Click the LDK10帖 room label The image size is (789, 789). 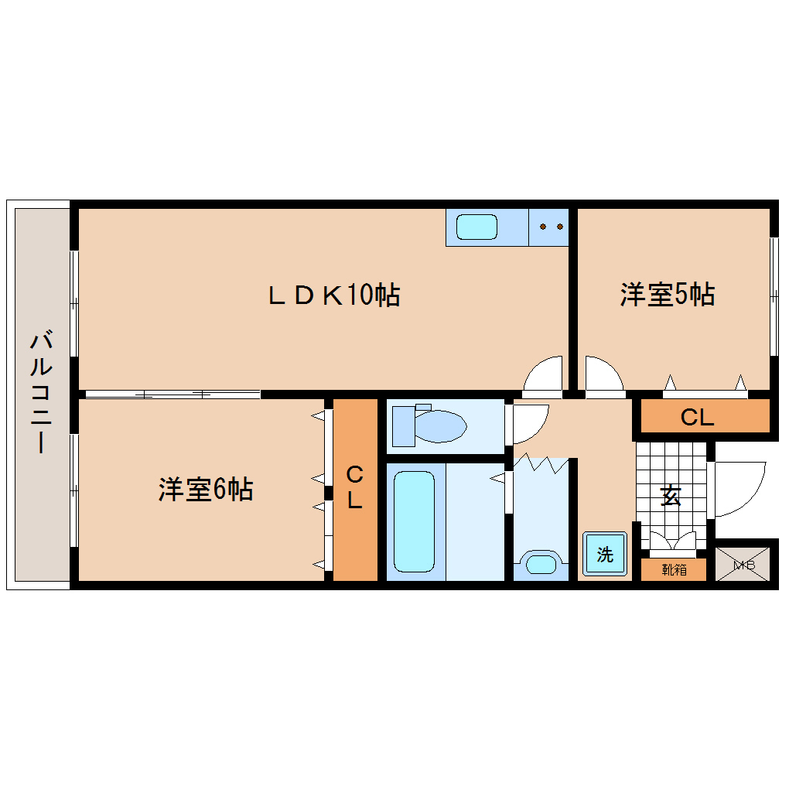coord(333,295)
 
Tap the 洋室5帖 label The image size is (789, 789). coord(667,295)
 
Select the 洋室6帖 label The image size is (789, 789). coord(206,490)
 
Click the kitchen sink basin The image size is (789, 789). coord(477,227)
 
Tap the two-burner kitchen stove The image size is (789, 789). coord(549,227)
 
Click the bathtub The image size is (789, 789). coord(415,521)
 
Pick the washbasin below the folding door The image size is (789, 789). coord(540,562)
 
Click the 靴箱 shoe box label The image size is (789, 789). coord(674,570)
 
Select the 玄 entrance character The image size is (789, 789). coord(671,496)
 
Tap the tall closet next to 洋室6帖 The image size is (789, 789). coord(354,489)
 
